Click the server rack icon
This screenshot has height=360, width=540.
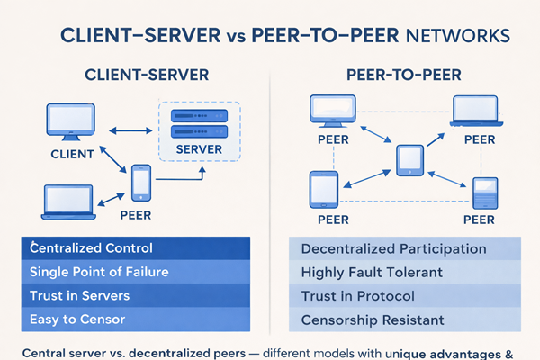(x=198, y=123)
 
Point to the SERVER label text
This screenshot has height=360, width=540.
(x=198, y=148)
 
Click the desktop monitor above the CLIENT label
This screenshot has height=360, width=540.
(x=69, y=124)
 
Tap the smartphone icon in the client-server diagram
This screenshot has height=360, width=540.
(x=140, y=183)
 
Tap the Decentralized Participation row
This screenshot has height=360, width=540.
(x=394, y=248)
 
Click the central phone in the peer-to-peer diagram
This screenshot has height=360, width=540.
(x=409, y=158)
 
